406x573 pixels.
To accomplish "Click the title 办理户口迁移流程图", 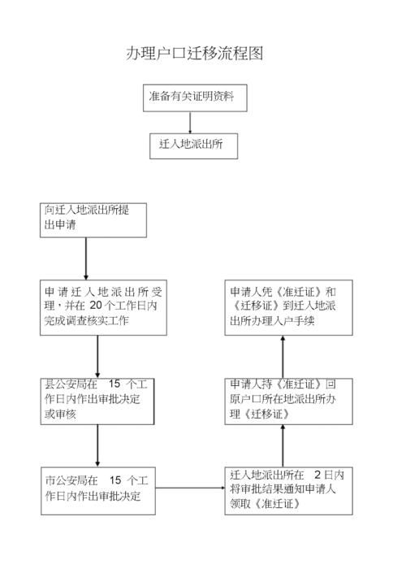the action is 194,54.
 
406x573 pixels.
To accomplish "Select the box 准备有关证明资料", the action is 195,98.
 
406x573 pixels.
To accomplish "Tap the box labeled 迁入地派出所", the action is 193,145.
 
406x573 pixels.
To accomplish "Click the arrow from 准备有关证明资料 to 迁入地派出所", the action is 190,123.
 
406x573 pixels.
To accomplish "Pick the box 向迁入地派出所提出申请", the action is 93,220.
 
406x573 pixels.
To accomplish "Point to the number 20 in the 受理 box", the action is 97,305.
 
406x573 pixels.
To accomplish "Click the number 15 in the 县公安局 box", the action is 114,384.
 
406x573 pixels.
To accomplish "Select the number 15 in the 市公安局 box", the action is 115,480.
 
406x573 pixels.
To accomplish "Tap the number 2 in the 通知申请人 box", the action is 317,475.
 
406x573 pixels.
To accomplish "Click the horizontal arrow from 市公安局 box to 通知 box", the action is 190,488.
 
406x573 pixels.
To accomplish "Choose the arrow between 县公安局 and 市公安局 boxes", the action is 97,445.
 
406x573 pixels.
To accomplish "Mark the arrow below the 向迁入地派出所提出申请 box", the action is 86,258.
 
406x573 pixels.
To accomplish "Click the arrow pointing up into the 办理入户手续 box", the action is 283,357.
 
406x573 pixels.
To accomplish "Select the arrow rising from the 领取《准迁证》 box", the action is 283,445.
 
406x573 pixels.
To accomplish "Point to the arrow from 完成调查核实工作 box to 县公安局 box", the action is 97,357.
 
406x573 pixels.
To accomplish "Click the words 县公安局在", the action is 71,384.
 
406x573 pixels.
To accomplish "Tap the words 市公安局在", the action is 71,480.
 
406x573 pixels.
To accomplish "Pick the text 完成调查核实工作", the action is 87,320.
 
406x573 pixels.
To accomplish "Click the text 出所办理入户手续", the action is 272,320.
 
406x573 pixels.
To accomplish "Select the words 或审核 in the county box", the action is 60,414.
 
